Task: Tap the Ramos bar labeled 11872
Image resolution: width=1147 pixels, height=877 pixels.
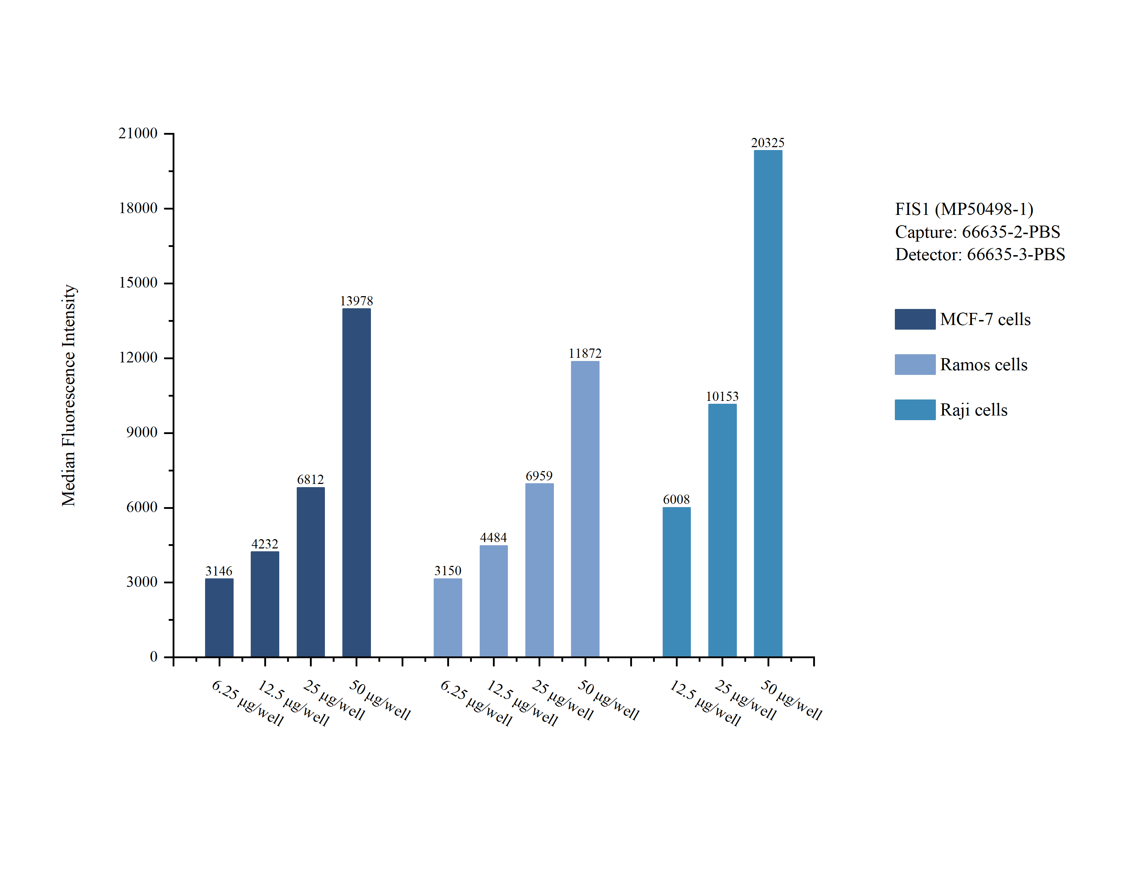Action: click(585, 509)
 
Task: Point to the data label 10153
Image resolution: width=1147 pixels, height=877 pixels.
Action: click(722, 396)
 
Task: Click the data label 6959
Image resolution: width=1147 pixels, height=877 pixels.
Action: click(539, 476)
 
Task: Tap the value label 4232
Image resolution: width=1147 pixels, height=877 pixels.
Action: click(264, 544)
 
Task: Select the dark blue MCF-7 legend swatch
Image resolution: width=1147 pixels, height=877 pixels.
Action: click(914, 319)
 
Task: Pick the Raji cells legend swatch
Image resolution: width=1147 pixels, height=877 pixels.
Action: click(914, 410)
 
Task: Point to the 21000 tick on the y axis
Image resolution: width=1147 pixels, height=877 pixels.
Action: click(138, 133)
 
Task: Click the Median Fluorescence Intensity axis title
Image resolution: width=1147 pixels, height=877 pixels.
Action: click(69, 395)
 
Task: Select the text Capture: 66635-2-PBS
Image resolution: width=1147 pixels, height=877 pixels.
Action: click(977, 232)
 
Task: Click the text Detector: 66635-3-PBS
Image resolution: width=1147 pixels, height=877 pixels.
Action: click(979, 254)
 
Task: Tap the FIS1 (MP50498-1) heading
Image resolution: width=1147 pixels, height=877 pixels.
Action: click(964, 209)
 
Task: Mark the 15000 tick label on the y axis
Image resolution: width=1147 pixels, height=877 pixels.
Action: click(138, 283)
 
